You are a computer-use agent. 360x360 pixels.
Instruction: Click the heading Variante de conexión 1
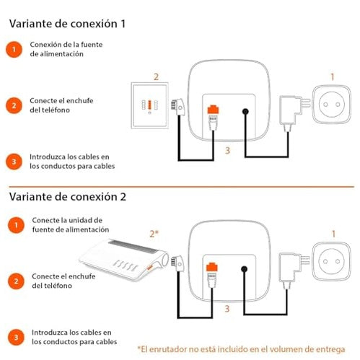tap(67, 24)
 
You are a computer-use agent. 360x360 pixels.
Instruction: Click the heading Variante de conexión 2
tap(68, 197)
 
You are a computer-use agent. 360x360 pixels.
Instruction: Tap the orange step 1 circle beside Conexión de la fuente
tap(14, 50)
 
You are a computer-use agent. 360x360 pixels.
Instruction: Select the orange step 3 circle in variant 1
tap(14, 162)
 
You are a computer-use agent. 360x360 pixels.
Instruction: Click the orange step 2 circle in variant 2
tap(16, 281)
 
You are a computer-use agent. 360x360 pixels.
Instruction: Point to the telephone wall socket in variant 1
tap(149, 105)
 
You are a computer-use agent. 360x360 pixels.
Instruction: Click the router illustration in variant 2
tap(124, 260)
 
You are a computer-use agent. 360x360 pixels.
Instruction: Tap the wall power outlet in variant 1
tap(331, 105)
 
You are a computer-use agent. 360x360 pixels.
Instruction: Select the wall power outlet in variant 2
tap(331, 261)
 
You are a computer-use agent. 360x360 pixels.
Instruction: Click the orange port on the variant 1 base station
tap(213, 109)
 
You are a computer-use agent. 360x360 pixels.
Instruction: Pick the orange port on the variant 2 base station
tap(212, 267)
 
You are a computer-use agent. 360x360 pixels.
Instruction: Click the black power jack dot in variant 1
tap(245, 111)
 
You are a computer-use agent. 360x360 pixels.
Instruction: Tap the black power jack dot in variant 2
tap(244, 269)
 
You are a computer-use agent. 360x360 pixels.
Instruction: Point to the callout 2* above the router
tap(154, 234)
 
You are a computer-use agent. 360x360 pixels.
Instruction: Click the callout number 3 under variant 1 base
tap(227, 150)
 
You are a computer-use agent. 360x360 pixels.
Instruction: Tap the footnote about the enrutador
tap(241, 349)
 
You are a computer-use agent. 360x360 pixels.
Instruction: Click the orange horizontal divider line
tap(182, 187)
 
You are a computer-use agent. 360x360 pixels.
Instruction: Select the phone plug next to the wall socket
tap(177, 107)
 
